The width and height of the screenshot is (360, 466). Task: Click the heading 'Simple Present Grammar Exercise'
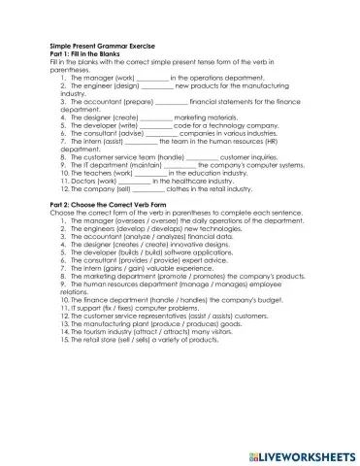(x=102, y=46)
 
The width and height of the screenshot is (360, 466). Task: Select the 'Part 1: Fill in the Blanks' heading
(x=89, y=53)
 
